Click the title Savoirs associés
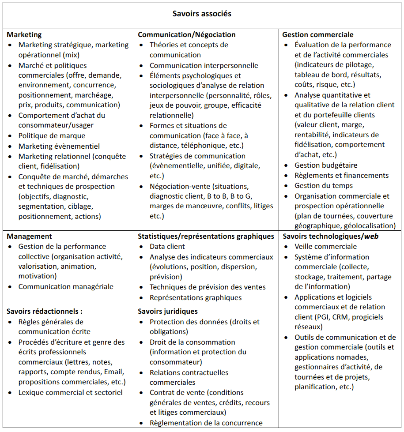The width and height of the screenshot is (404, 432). [x=202, y=14]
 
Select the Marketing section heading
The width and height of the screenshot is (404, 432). [x=24, y=34]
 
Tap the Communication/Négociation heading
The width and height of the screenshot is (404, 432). [x=187, y=34]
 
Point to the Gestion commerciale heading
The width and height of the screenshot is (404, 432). [x=318, y=34]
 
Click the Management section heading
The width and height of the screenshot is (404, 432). [x=29, y=236]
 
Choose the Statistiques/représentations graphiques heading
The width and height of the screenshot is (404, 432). [x=206, y=236]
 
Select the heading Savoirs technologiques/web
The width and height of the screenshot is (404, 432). [x=330, y=236]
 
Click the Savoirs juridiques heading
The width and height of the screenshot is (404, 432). [x=168, y=311]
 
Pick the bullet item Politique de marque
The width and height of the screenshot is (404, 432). [x=52, y=135]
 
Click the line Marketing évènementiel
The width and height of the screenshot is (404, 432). [x=59, y=146]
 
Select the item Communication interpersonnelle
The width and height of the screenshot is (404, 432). [x=204, y=65]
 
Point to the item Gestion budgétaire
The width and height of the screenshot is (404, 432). [x=326, y=165]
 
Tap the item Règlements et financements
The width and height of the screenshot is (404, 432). [x=341, y=175]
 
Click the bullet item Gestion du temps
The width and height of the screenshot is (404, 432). [x=324, y=185]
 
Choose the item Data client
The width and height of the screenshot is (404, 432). [x=167, y=246]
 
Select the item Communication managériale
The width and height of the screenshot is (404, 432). [x=65, y=286]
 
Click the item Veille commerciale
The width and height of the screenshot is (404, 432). [x=325, y=246]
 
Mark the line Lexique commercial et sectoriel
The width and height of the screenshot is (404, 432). [x=70, y=392]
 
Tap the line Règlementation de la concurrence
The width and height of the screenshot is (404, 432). [x=206, y=423]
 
